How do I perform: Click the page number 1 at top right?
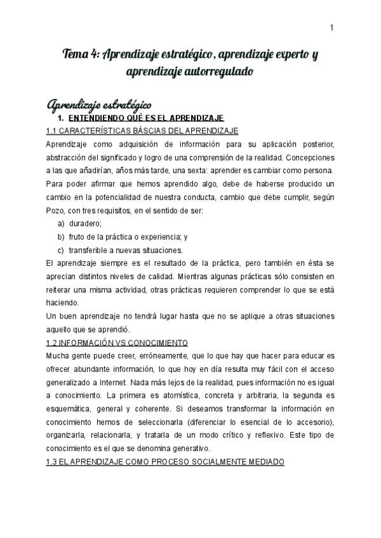coord(332,27)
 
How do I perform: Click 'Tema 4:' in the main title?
coord(80,55)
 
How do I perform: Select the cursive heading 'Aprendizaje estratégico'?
coord(99,103)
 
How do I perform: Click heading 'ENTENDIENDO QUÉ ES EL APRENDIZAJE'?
coord(145,119)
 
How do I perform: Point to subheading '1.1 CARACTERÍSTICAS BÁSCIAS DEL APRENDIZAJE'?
coord(142,131)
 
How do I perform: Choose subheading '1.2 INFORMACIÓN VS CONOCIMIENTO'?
coord(117,342)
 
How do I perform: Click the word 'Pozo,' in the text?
coord(57,210)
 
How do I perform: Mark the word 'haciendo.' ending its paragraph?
coord(62,303)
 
